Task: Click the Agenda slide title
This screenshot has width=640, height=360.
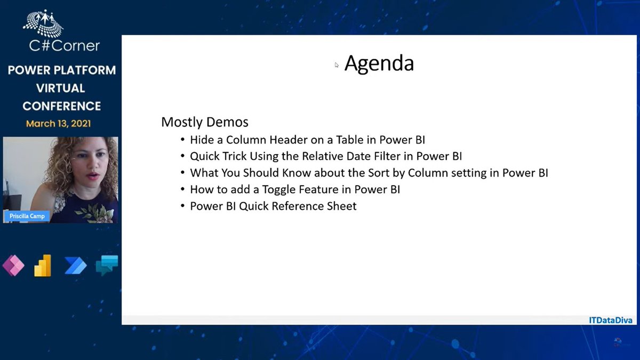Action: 379,63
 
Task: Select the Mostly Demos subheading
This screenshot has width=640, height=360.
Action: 205,122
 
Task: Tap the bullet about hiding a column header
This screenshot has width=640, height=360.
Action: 307,140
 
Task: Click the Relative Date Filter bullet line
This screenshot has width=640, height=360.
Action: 326,156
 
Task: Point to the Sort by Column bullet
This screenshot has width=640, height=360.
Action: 369,173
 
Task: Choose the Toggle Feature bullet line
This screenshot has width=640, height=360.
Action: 295,189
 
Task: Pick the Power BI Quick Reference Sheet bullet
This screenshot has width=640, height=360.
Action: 273,206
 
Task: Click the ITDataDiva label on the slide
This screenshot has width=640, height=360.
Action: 610,320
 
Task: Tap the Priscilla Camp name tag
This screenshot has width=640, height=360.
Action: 27,216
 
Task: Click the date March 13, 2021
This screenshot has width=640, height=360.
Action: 58,124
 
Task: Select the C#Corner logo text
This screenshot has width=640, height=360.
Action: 65,46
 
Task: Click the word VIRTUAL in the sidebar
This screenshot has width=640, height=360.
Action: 61,88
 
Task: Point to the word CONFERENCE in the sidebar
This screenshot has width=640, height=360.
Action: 61,106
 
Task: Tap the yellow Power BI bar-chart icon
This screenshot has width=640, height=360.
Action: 43,265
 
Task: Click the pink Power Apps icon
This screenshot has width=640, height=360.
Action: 13,265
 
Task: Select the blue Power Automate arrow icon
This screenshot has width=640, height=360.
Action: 75,265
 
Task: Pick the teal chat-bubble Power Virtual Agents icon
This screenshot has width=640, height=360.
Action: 106,265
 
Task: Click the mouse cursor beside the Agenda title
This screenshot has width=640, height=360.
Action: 337,65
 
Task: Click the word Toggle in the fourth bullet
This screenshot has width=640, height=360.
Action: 279,189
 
